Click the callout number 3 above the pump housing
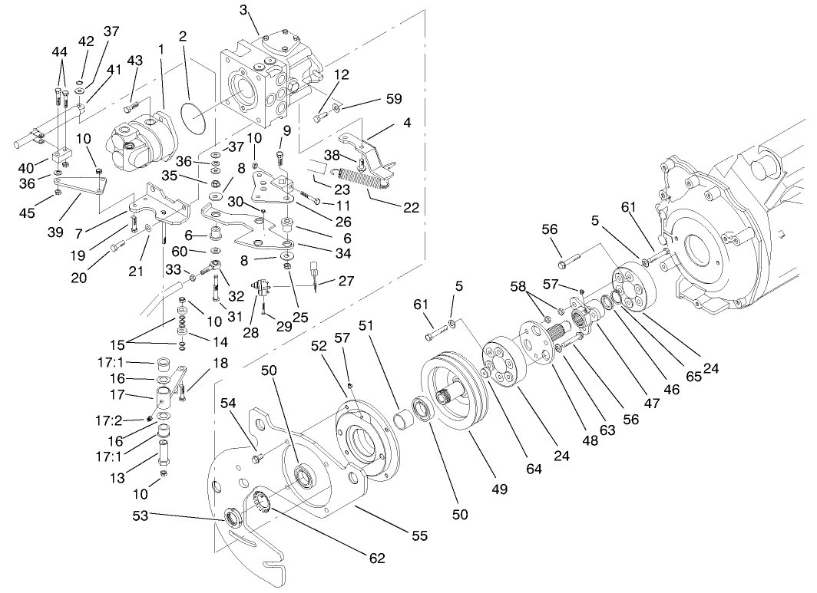coord(243,10)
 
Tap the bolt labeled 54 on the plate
coord(259,458)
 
